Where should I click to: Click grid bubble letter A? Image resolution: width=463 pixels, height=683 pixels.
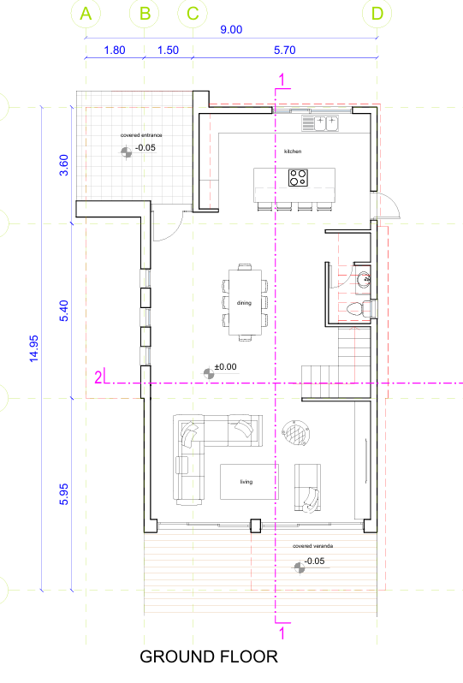[86, 14]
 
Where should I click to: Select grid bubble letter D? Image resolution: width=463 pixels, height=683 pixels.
[377, 14]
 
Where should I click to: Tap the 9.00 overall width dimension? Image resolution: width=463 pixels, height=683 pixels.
[231, 30]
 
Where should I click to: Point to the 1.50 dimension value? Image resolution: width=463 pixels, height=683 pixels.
[168, 50]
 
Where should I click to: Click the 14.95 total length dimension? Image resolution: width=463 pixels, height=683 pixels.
[34, 348]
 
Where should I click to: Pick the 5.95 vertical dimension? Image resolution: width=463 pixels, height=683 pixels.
[63, 494]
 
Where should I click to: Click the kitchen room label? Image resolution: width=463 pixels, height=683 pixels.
[293, 151]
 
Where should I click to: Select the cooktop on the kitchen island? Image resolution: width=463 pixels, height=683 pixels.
[298, 178]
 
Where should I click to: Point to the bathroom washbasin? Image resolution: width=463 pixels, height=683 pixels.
[363, 279]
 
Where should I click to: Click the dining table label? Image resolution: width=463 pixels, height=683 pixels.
[245, 303]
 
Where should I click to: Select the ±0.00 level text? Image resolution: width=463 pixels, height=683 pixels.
[226, 367]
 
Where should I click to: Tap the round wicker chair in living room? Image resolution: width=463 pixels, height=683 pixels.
[296, 433]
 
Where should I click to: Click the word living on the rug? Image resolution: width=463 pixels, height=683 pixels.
[246, 482]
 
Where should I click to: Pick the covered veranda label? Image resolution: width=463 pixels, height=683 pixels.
[312, 546]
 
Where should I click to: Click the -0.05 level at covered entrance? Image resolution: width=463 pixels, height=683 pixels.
[145, 148]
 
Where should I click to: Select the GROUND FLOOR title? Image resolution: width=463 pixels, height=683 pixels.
[209, 656]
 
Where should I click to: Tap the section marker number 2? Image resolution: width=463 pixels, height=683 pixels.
[98, 377]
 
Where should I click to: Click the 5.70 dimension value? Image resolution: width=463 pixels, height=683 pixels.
[285, 50]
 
